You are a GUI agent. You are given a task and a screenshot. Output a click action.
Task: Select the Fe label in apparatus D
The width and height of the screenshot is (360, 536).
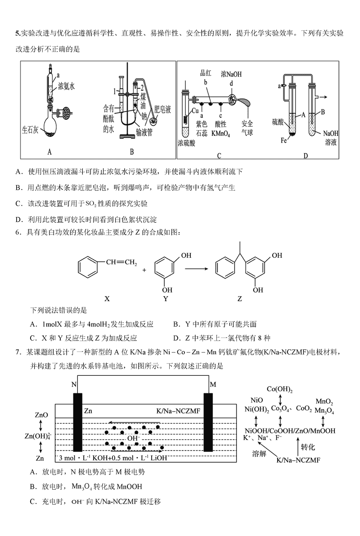284,140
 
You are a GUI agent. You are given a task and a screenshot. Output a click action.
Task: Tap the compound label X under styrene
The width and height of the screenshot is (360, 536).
107,298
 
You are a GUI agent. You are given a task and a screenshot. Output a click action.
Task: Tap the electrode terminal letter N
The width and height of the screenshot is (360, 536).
74,385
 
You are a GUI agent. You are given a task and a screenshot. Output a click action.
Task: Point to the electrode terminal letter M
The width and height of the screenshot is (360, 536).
213,385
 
